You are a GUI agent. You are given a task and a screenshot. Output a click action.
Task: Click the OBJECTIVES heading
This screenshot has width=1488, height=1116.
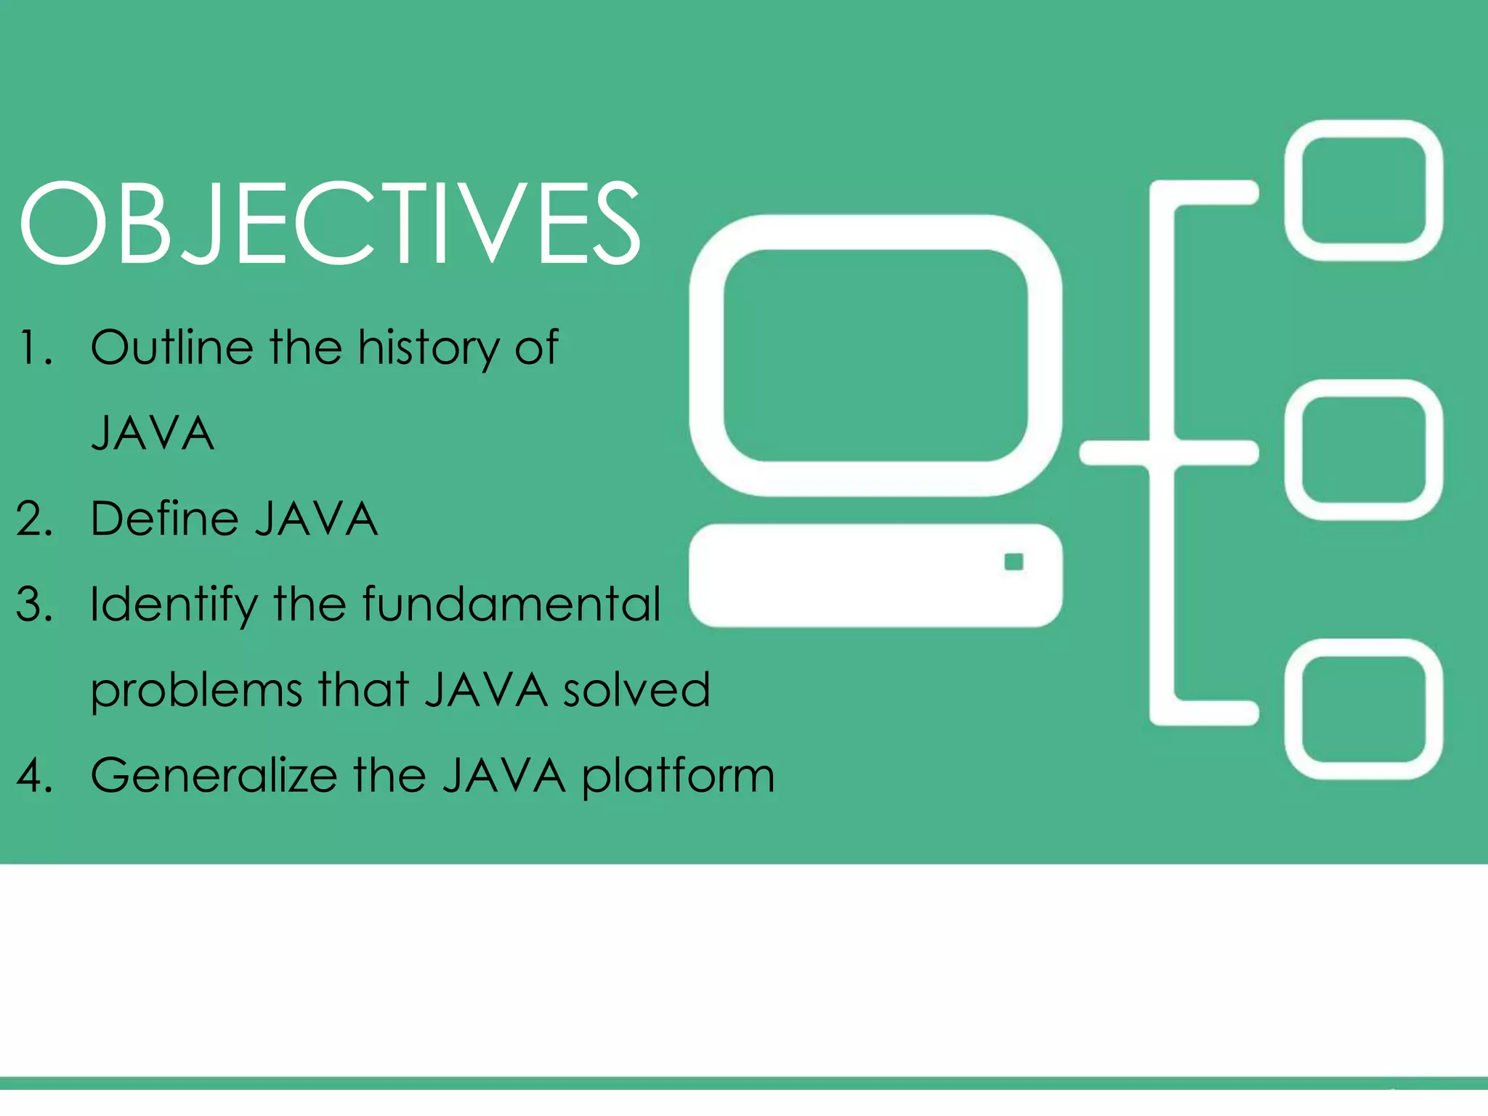click(x=331, y=223)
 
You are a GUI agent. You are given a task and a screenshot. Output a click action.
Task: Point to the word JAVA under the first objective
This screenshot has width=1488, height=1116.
click(x=153, y=434)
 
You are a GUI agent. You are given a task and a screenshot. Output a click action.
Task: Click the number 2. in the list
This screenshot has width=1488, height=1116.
click(x=34, y=519)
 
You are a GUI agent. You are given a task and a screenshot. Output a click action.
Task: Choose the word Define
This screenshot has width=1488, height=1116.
click(x=164, y=519)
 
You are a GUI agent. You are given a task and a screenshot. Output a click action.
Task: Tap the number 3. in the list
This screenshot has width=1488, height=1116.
click(x=34, y=604)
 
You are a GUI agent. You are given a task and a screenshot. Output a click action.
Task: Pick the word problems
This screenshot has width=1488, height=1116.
click(x=196, y=691)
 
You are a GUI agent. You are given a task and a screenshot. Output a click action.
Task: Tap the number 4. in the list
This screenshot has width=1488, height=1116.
click(x=34, y=776)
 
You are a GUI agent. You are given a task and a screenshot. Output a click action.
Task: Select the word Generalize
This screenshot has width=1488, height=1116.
click(x=214, y=775)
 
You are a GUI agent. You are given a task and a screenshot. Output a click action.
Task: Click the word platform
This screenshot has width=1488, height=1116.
click(x=678, y=777)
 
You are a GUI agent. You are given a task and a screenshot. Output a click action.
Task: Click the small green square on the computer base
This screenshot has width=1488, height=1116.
click(x=1014, y=562)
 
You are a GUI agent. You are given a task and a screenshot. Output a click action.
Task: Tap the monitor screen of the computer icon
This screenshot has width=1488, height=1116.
click(x=876, y=355)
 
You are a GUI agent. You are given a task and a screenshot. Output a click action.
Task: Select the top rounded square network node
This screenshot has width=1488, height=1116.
click(x=1363, y=190)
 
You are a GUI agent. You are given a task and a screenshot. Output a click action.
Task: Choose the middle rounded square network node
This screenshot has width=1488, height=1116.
click(x=1363, y=450)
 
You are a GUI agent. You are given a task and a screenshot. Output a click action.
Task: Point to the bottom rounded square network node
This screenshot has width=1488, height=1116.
click(x=1363, y=709)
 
